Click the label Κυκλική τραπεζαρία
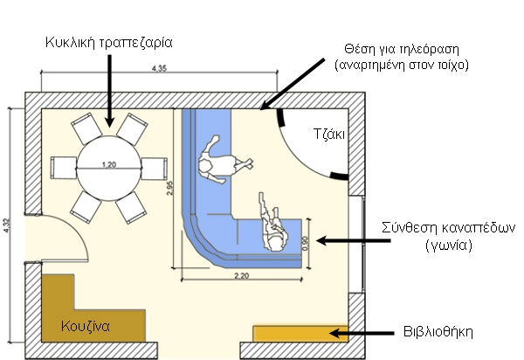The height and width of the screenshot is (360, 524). (x=109, y=41)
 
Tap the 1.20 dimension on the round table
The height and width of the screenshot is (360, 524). (x=109, y=165)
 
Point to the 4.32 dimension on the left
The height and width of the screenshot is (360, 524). (x=7, y=225)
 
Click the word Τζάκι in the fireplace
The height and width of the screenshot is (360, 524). (x=329, y=135)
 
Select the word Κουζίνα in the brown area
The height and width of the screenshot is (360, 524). (x=85, y=327)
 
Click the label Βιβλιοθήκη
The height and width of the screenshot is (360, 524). (x=438, y=332)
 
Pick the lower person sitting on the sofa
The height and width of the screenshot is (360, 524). (x=273, y=224)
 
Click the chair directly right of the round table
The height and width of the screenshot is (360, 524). (x=154, y=167)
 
